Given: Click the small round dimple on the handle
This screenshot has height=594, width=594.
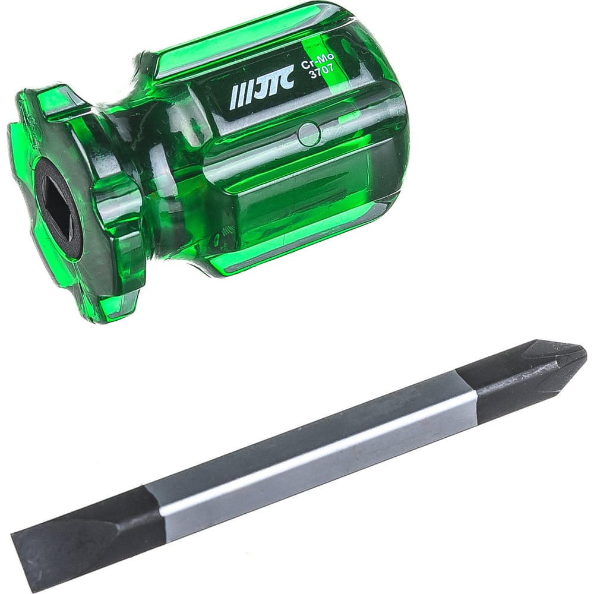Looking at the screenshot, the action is tap(309, 133).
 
